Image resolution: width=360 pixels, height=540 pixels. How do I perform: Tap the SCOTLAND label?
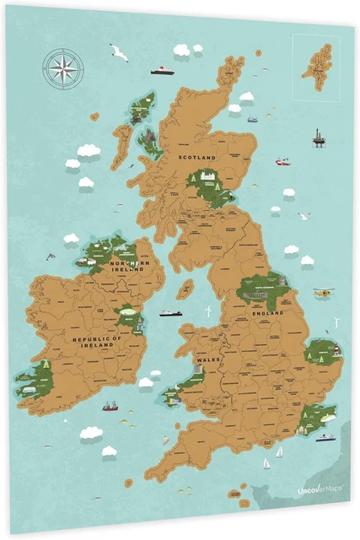point(198,156)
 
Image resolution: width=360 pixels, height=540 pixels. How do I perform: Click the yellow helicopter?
point(323,293)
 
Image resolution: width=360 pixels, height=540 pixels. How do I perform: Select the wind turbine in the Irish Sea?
point(205,310)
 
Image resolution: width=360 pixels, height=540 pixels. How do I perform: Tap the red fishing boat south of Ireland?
point(110,406)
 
